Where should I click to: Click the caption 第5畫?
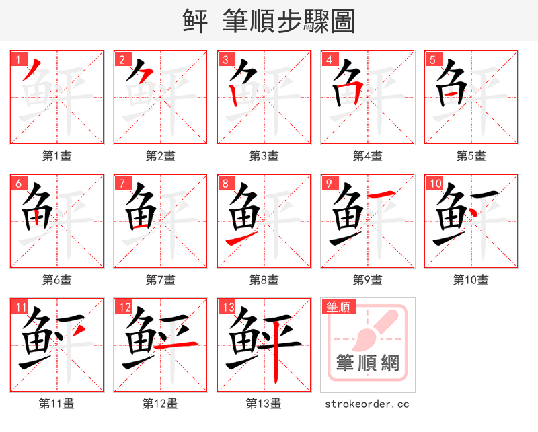[x=471, y=156]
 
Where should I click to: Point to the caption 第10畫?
[x=471, y=280]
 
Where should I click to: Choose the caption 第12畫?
[x=160, y=404]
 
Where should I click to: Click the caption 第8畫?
[x=264, y=280]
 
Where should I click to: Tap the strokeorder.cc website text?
[x=367, y=404]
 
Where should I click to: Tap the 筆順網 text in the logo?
[x=368, y=364]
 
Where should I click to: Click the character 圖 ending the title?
[x=342, y=21]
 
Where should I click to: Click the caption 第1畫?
[x=56, y=156]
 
